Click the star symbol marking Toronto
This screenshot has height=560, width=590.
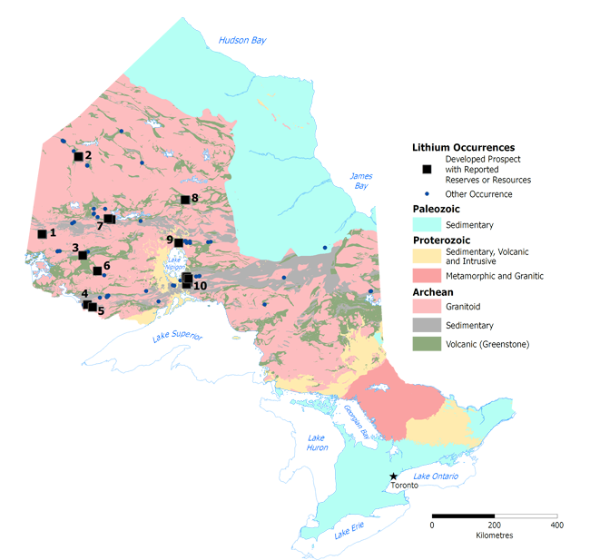393,476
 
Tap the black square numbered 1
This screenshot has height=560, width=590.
42,234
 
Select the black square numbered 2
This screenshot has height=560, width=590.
78,156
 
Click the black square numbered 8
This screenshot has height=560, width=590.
184,200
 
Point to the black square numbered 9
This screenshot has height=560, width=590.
179,242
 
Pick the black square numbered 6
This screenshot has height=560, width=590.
97,270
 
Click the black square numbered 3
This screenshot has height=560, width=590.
84,255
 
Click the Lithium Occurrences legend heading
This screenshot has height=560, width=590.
463,147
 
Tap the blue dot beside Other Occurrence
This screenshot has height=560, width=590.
427,194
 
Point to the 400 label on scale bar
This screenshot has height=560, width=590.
556,526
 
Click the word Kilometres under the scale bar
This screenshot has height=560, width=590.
495,535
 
